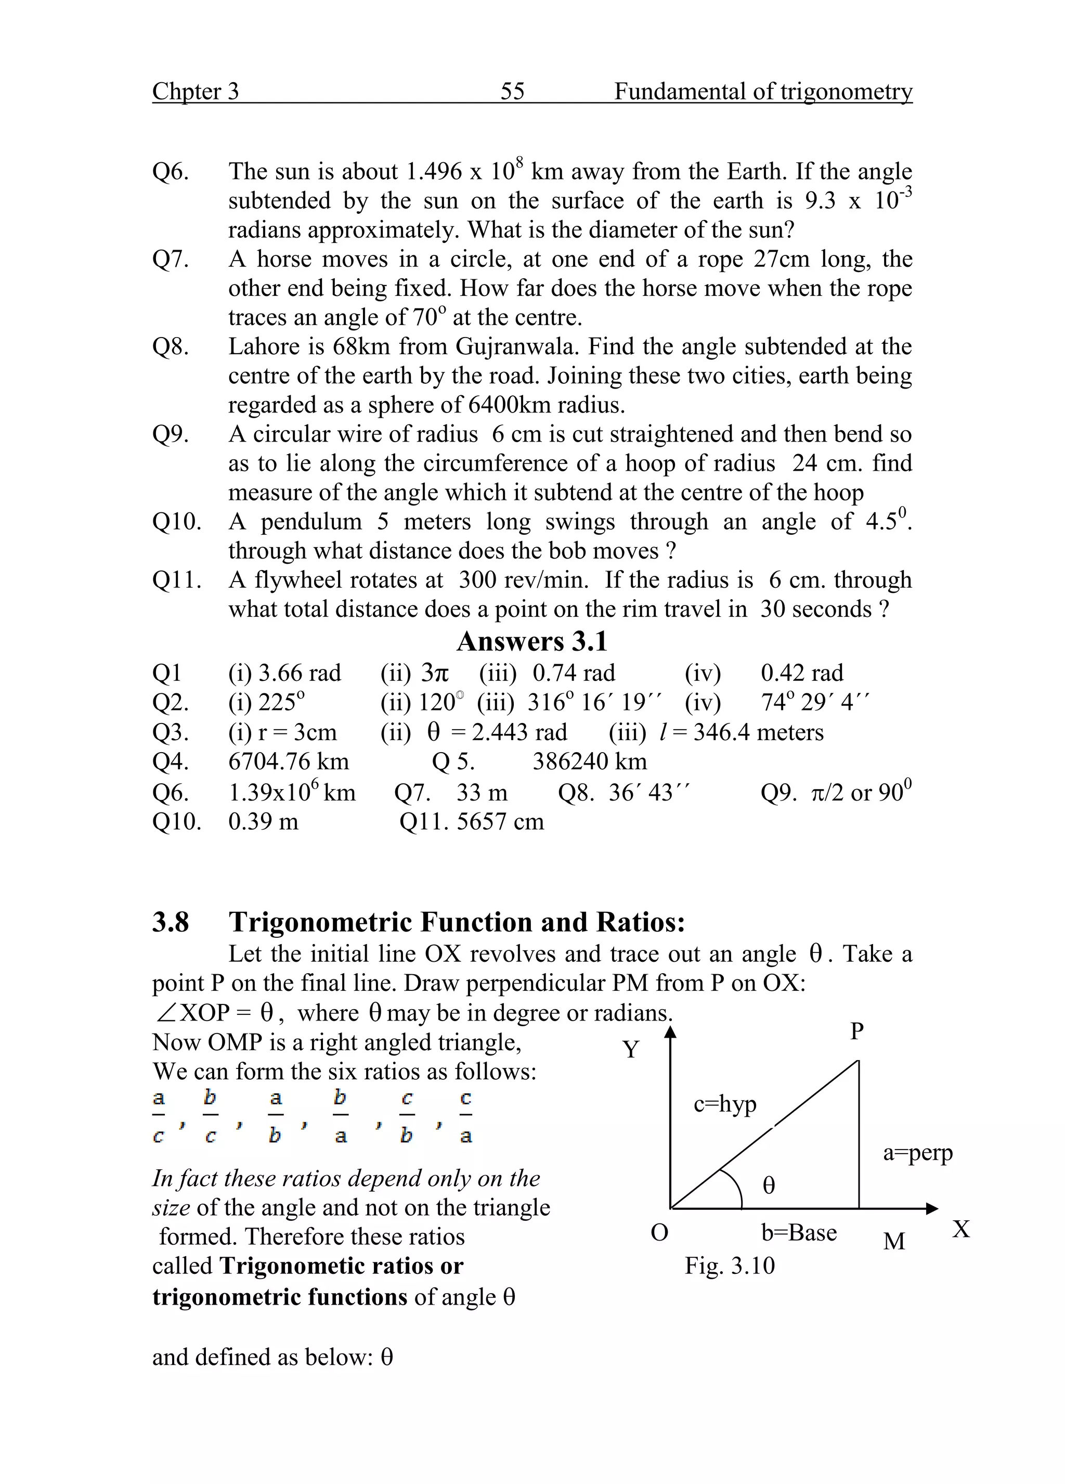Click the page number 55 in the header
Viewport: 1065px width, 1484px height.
512,91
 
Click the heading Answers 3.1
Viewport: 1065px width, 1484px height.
532,641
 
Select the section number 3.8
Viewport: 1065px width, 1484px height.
171,923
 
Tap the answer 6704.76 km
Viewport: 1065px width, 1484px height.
289,761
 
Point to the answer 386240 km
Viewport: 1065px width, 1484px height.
589,761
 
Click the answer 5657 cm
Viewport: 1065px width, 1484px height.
500,821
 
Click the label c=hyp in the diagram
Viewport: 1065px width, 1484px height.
725,1104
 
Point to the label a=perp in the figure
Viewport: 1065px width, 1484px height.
917,1152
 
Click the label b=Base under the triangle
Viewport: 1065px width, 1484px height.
799,1233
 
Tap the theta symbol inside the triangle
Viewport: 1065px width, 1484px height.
769,1185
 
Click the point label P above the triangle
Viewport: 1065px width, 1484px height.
857,1032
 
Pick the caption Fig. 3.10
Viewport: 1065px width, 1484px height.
730,1266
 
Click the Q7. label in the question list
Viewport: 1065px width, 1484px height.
171,259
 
